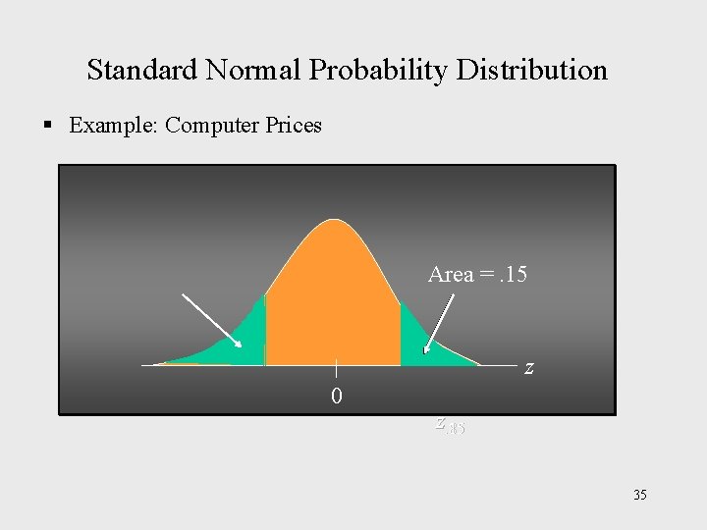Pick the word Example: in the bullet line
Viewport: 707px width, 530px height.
click(114, 126)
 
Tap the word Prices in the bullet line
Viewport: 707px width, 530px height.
click(292, 126)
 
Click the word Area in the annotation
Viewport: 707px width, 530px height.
click(451, 275)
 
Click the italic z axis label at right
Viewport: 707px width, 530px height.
click(529, 368)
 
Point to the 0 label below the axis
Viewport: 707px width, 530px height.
click(337, 397)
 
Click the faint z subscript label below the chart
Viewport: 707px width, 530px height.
click(449, 426)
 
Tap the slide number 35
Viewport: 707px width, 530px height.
click(639, 495)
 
